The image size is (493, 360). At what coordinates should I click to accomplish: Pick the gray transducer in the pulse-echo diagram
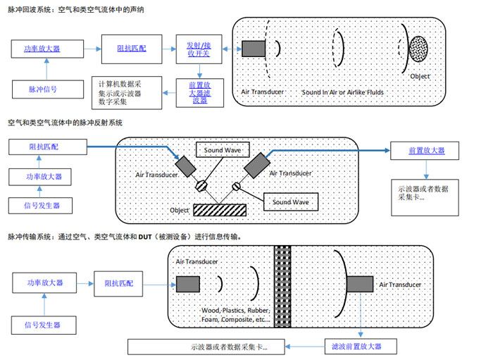[253, 49]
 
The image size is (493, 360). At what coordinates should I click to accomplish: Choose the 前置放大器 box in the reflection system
[426, 151]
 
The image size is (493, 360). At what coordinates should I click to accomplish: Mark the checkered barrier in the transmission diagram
[283, 285]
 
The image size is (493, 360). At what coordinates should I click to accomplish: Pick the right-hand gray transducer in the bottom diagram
[360, 285]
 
